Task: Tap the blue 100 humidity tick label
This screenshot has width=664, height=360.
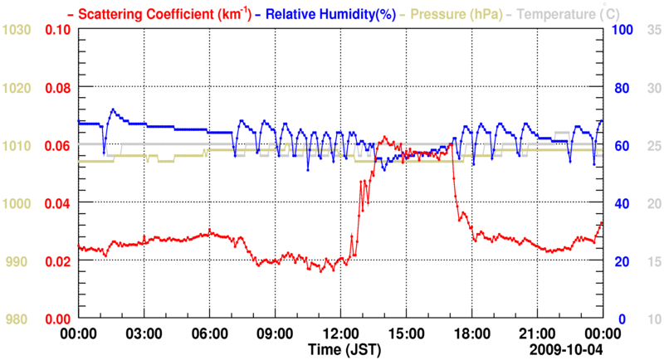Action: click(623, 30)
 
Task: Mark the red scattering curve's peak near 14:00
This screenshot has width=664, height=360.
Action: click(383, 138)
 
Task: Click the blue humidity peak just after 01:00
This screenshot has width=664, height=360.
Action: click(113, 109)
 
